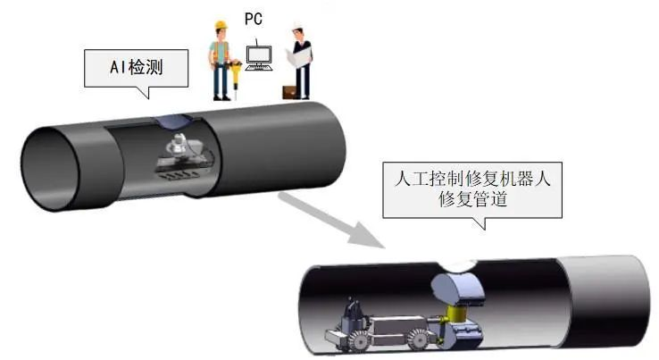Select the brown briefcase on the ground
click(288, 91)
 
